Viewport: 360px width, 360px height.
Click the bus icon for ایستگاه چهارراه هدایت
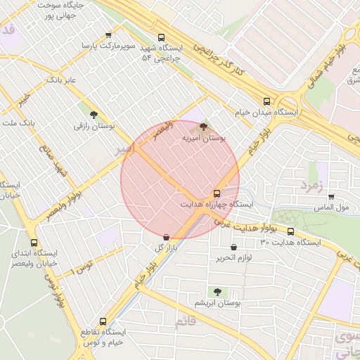(217, 193)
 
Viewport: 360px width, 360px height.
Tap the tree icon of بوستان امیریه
(203, 127)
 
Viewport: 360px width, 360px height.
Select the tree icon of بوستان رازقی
(94, 114)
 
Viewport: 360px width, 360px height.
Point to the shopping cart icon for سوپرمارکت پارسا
(108, 34)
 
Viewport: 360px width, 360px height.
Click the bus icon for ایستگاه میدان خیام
(266, 101)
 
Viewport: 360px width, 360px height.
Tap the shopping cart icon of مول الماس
(330, 197)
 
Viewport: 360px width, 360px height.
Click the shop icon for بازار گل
(166, 238)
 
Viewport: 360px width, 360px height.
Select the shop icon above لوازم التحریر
(233, 247)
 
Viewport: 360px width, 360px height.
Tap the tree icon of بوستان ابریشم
(217, 291)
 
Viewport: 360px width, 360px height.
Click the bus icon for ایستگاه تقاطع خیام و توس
(103, 321)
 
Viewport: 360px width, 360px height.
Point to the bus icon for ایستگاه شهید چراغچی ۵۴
(161, 37)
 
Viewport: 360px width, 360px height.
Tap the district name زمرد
(310, 185)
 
